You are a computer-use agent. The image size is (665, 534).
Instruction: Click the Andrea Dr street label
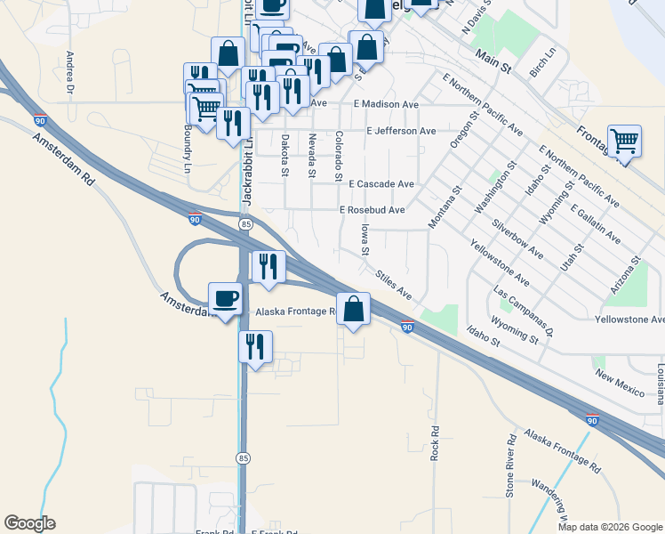click(69, 72)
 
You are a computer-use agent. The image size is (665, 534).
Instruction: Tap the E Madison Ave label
click(385, 104)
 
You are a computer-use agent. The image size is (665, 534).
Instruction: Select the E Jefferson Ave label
click(402, 131)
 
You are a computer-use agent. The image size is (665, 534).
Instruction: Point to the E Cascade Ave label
click(381, 184)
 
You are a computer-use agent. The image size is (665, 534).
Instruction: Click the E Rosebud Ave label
click(373, 210)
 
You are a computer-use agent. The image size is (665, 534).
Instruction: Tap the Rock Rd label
click(435, 442)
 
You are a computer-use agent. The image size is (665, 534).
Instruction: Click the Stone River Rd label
click(510, 464)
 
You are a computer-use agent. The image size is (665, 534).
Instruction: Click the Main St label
click(494, 61)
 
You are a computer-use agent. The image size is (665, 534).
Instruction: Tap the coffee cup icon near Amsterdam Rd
click(225, 297)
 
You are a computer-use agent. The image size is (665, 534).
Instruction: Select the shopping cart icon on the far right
click(625, 141)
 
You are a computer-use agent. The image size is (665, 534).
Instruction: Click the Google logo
click(29, 523)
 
